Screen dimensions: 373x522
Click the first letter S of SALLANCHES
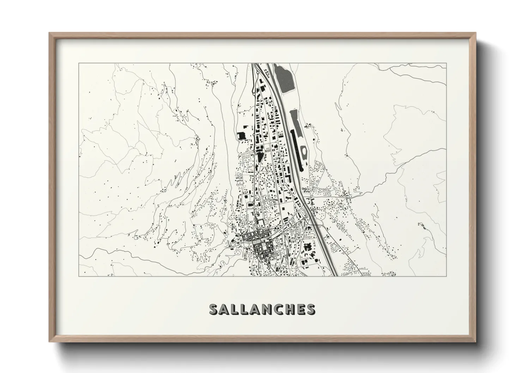(x=214, y=309)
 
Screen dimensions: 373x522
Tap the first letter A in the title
(x=225, y=309)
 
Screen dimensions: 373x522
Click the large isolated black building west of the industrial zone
(x=242, y=136)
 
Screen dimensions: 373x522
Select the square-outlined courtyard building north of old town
(x=260, y=222)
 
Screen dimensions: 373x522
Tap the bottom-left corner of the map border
(x=79, y=276)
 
